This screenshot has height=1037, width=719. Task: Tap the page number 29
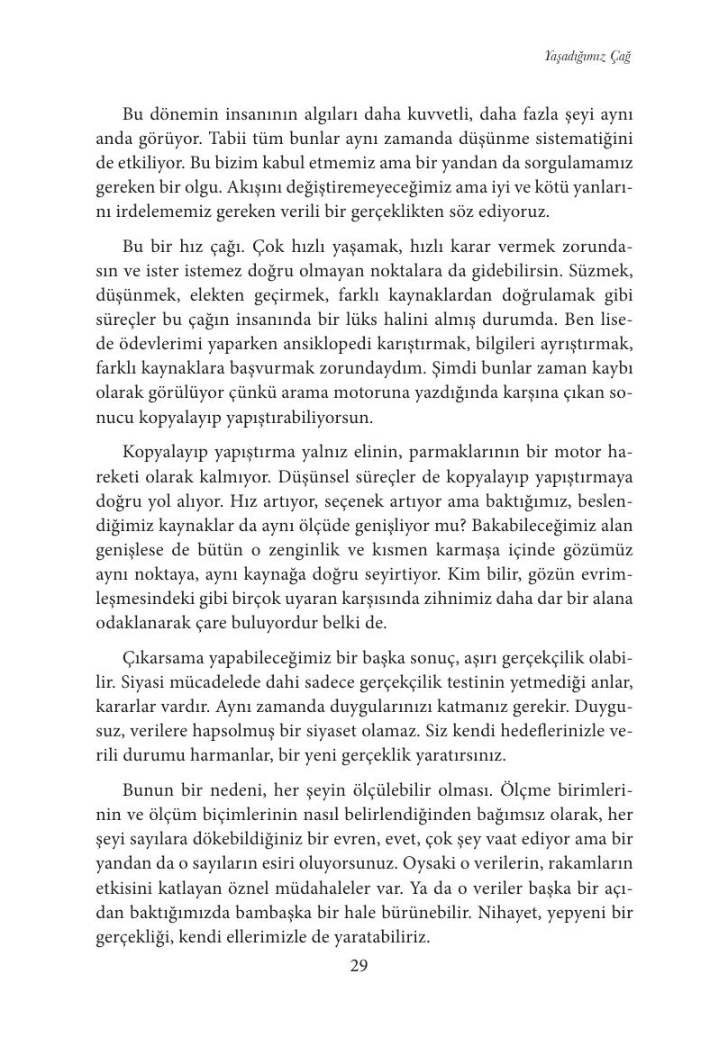tap(359, 966)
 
